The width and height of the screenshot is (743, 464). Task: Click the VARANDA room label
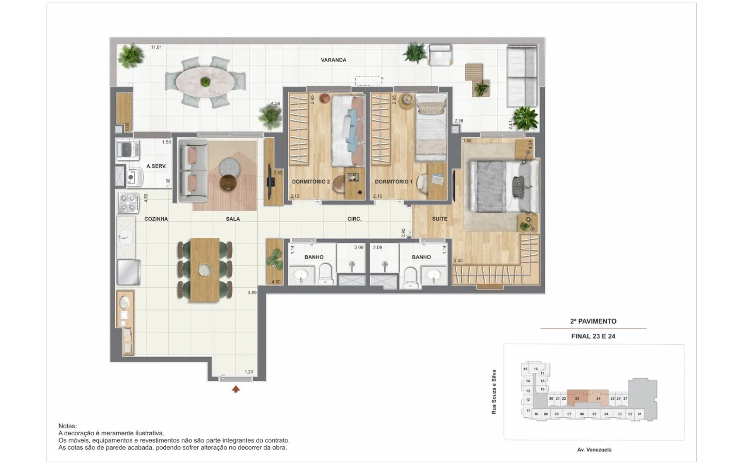[333, 60]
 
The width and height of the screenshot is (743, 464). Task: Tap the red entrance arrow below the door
[236, 389]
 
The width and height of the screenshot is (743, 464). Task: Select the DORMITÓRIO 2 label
[311, 182]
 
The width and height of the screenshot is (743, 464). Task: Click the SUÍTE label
[440, 219]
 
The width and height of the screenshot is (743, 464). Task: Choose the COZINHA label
[156, 219]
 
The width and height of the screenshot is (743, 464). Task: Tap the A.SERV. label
[156, 166]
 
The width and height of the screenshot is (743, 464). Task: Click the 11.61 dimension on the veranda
[156, 47]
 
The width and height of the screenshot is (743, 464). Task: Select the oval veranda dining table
[205, 82]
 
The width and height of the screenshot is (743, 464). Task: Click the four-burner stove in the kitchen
[128, 203]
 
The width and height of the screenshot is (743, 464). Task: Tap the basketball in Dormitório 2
[324, 99]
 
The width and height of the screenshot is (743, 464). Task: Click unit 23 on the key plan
[577, 398]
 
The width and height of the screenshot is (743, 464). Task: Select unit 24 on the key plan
[598, 398]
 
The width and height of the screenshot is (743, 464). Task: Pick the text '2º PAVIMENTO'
[593, 321]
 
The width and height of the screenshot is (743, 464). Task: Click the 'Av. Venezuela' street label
[594, 450]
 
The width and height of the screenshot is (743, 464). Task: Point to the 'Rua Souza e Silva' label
[494, 392]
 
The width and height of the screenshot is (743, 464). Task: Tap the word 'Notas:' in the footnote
[68, 426]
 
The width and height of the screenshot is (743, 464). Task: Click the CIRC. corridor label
[354, 219]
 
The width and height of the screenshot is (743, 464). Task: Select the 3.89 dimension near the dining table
[252, 293]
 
